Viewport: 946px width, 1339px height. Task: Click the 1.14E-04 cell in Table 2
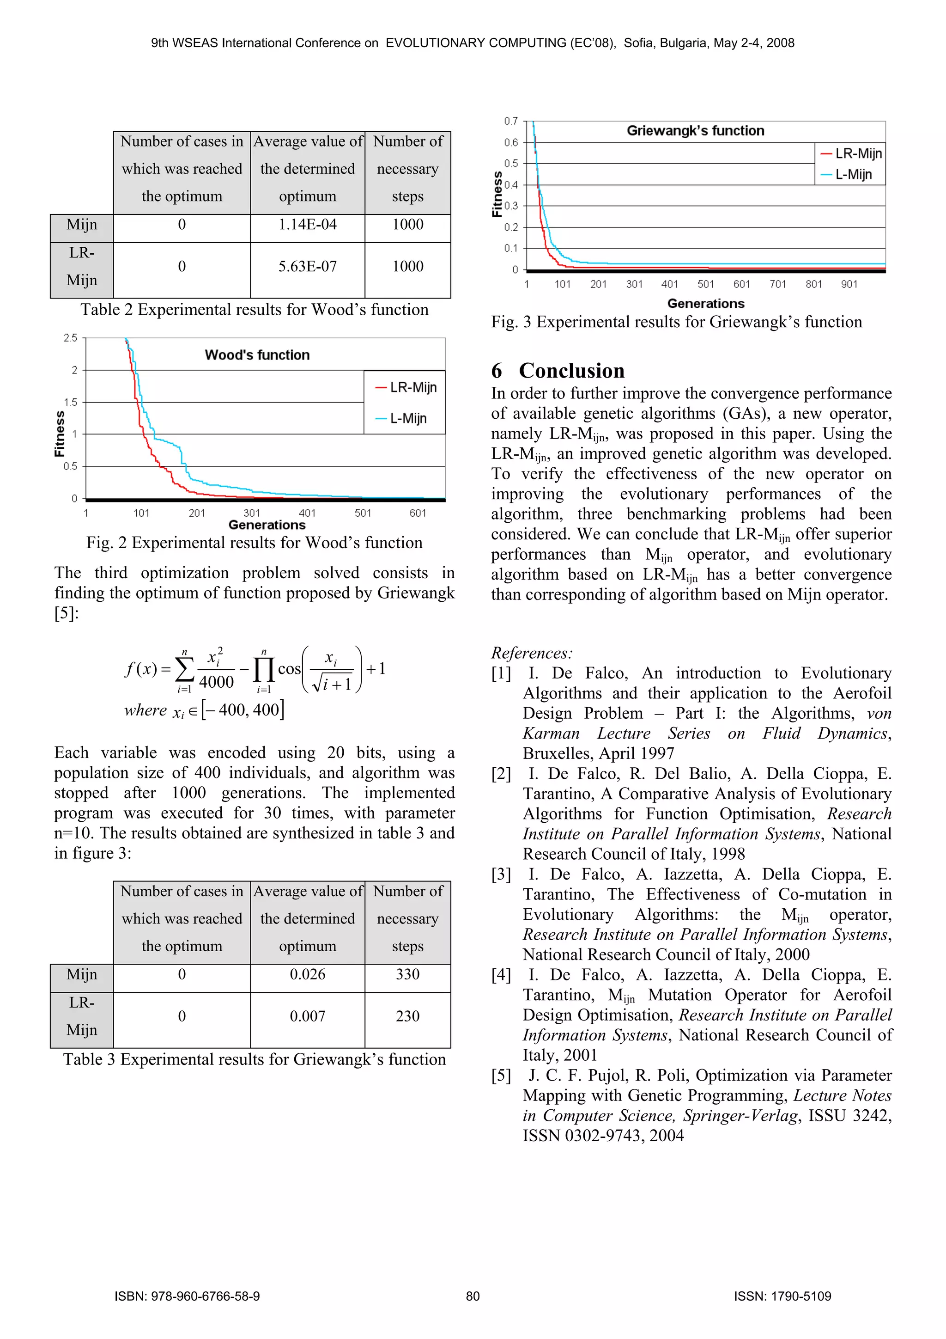(x=307, y=225)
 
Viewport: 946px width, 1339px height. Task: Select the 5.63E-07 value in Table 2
(x=307, y=267)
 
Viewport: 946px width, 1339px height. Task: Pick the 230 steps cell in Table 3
(x=407, y=1016)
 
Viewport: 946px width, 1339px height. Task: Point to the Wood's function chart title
(x=257, y=355)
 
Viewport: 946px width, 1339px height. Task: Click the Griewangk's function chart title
(x=695, y=131)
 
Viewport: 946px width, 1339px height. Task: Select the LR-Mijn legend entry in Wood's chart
(x=407, y=387)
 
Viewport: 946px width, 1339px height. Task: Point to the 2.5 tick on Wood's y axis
(x=71, y=338)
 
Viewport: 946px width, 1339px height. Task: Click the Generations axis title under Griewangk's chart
(x=705, y=303)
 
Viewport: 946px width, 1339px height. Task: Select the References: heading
(x=532, y=653)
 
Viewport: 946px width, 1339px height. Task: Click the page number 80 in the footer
(x=473, y=1296)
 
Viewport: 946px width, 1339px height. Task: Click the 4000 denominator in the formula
(x=216, y=682)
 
